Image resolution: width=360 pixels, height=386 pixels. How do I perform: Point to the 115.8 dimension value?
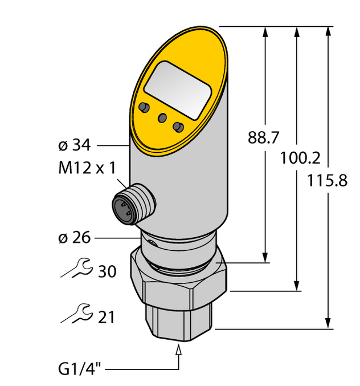(327, 181)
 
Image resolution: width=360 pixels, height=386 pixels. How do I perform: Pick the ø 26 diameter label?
(74, 237)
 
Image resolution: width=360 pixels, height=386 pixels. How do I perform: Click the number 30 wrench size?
(107, 271)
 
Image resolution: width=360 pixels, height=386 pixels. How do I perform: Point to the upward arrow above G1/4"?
(181, 352)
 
